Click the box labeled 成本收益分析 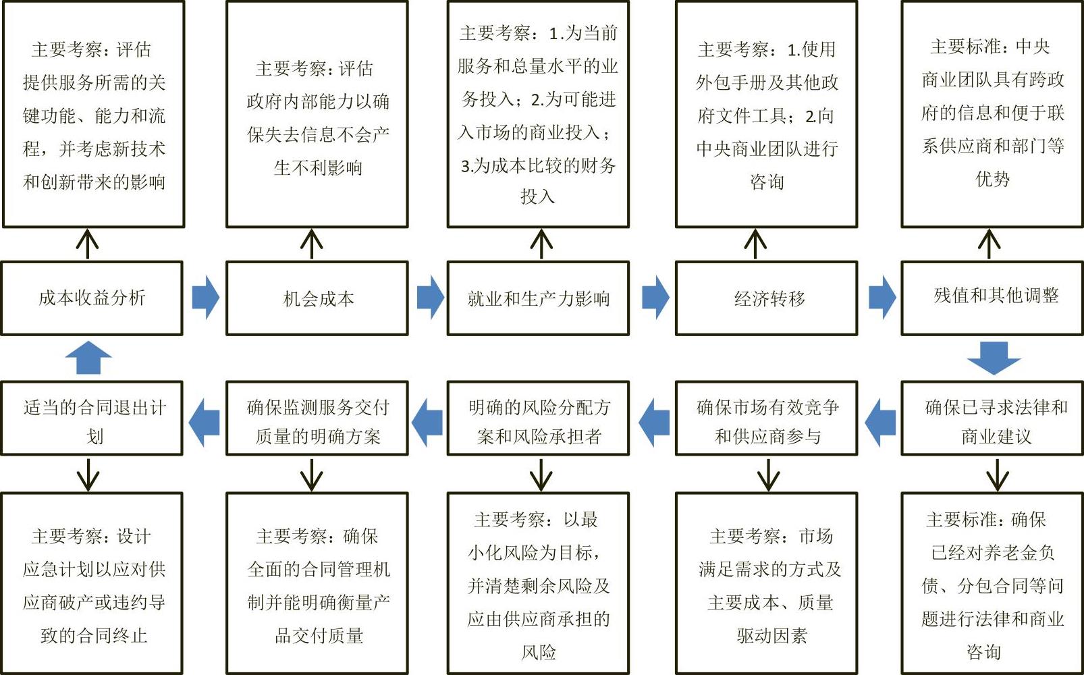(x=92, y=298)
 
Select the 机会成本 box (x=317, y=298)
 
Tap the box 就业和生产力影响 (x=538, y=298)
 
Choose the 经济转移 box (x=767, y=298)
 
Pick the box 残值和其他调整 (x=992, y=298)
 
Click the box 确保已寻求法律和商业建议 (x=992, y=418)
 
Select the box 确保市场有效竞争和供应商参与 (x=767, y=418)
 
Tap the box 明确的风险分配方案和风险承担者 (x=538, y=418)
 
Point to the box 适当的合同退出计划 (x=92, y=418)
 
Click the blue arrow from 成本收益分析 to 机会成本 (x=206, y=298)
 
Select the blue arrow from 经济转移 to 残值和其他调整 (x=882, y=298)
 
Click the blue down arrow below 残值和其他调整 (x=994, y=358)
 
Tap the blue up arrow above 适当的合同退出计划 (x=88, y=358)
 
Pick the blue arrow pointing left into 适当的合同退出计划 (x=204, y=423)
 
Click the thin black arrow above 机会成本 (x=312, y=244)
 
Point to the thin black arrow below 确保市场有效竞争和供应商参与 (x=769, y=475)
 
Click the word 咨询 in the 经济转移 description (x=767, y=182)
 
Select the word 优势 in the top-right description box (x=992, y=179)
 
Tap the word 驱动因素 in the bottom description (x=772, y=635)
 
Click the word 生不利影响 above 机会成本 (x=318, y=167)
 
